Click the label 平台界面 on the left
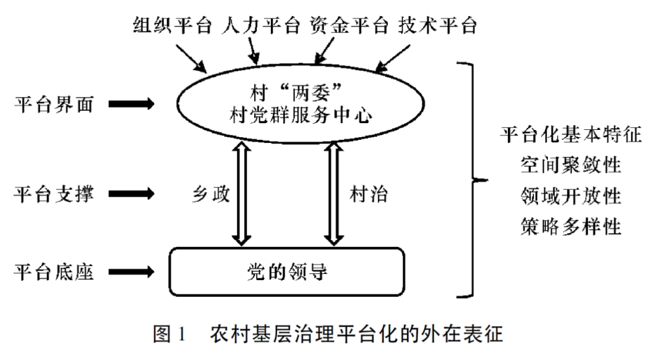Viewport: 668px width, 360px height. pyautogui.click(x=54, y=104)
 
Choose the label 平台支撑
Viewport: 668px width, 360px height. pyautogui.click(x=54, y=194)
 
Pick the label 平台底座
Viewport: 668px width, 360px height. pyautogui.click(x=54, y=272)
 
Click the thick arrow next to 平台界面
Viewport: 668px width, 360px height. pyautogui.click(x=131, y=104)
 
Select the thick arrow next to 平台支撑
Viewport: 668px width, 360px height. pyautogui.click(x=131, y=194)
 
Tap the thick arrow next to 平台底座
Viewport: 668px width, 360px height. pyautogui.click(x=131, y=272)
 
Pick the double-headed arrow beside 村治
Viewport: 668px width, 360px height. pyautogui.click(x=334, y=192)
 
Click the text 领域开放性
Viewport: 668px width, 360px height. pyautogui.click(x=570, y=197)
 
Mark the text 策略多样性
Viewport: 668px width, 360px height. pyautogui.click(x=570, y=227)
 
